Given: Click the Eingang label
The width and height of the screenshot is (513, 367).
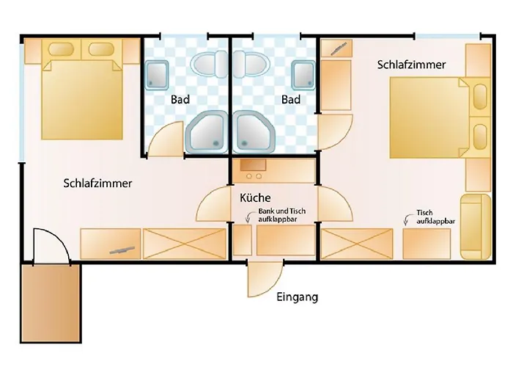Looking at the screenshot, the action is click(297, 297).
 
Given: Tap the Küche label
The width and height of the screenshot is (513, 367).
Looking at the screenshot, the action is click(255, 197).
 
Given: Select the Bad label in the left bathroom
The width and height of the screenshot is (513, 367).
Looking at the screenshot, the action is click(180, 99).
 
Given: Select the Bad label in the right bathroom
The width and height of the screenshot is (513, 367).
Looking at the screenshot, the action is click(291, 99).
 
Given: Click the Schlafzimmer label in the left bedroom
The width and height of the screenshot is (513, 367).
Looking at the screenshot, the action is click(97, 183).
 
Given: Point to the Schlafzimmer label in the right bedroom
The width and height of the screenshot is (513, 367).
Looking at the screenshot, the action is click(411, 65).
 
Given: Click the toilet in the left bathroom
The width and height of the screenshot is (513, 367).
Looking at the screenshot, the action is click(209, 64).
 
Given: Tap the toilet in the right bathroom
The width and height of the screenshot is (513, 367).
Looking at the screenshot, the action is click(251, 64).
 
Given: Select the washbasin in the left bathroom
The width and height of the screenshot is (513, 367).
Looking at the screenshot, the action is click(157, 75).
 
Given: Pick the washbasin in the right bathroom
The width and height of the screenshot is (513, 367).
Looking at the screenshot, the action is click(304, 75).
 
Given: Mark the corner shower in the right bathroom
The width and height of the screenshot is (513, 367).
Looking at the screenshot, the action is click(254, 131).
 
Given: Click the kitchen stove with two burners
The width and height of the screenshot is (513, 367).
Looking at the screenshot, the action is click(273, 171).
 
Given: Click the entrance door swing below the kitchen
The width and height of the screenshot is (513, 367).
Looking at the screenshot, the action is click(265, 279).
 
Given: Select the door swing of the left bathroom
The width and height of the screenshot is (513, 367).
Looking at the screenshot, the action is click(166, 139).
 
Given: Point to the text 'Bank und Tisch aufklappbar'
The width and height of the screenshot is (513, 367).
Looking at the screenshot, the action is click(282, 215).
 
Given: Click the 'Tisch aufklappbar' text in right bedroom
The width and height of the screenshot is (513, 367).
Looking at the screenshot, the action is click(435, 217).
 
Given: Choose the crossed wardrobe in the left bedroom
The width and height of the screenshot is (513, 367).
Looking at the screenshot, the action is click(185, 244).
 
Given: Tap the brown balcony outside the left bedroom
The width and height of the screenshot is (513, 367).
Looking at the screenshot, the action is click(51, 303).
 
